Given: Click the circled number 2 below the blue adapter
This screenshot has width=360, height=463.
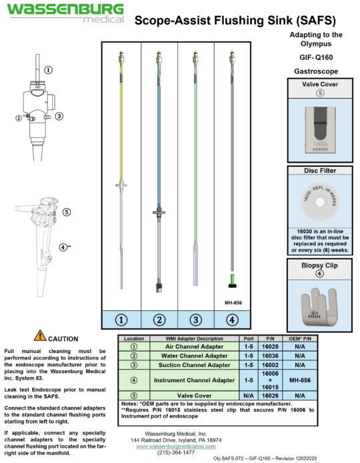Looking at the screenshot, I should point(159,319).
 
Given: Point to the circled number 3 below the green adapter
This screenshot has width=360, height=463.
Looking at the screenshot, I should point(196,319).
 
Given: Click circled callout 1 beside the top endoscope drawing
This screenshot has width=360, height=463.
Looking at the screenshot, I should point(49,69).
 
